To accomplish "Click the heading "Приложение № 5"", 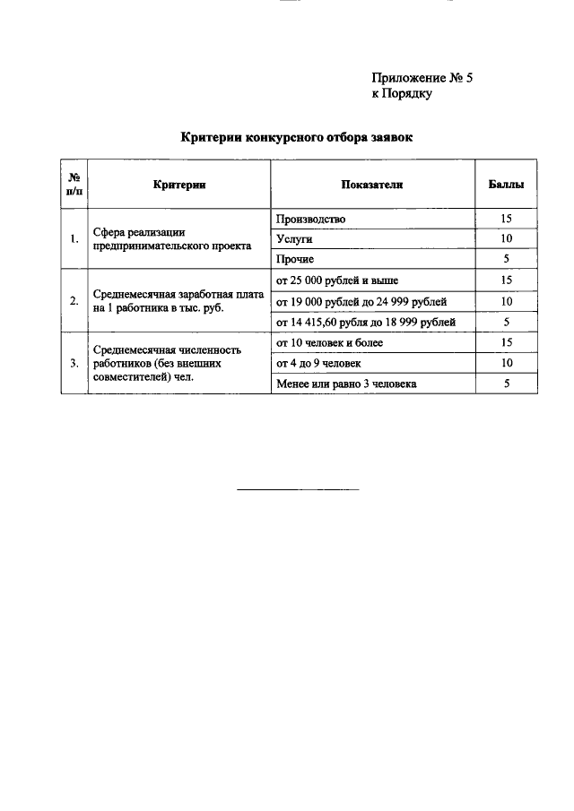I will (422, 78).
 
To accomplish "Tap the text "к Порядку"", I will (403, 93).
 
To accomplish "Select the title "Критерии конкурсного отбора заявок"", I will (296, 137).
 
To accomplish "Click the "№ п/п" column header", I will (74, 184).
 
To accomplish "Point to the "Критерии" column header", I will (179, 185).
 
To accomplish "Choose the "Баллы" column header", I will (506, 185).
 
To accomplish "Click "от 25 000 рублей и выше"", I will (337, 280).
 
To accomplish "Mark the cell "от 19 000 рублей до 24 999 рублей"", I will (361, 301).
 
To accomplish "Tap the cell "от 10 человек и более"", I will (330, 342).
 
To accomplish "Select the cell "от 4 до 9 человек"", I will (319, 363).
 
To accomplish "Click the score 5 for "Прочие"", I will (506, 259).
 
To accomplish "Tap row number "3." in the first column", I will (74, 363).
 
